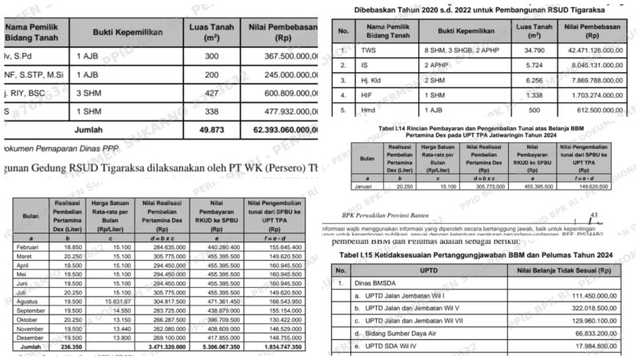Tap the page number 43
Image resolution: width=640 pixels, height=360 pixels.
coord(596,216)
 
